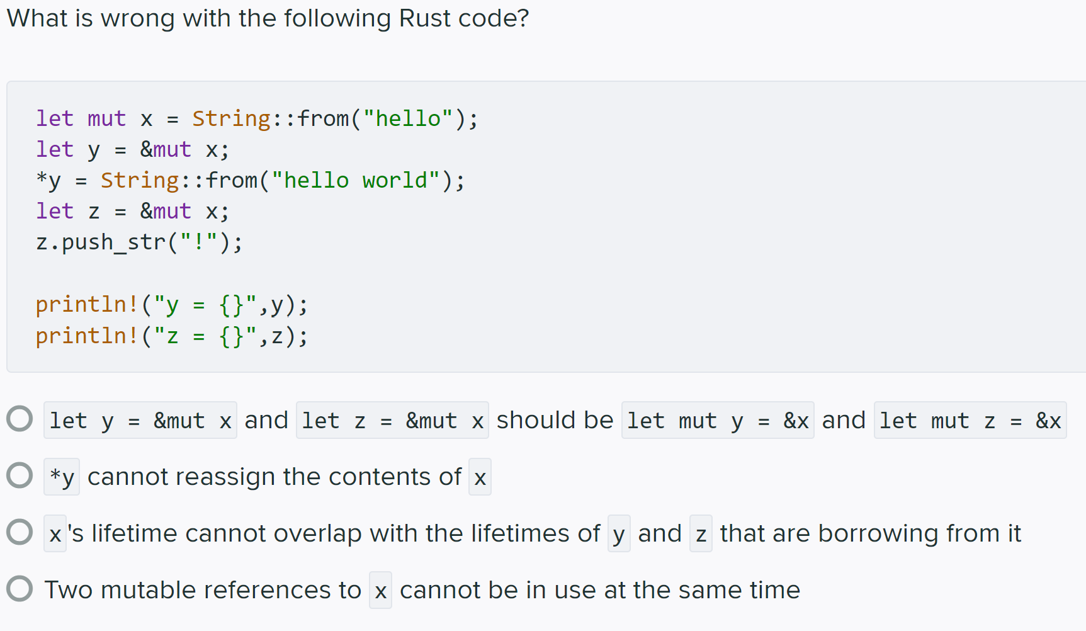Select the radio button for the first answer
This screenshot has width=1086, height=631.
click(x=20, y=419)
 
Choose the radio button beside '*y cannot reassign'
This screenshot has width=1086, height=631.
click(x=20, y=475)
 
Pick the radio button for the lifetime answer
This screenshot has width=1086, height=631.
click(x=20, y=532)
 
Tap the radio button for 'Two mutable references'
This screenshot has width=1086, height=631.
click(x=20, y=589)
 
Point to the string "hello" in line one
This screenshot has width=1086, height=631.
click(x=408, y=118)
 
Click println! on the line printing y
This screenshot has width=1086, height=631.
click(x=87, y=305)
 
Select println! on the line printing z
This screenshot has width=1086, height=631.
click(x=87, y=336)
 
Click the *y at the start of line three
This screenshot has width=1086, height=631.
click(x=48, y=181)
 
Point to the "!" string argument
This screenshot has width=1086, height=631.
click(x=199, y=242)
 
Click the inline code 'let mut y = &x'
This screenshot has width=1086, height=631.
click(x=718, y=421)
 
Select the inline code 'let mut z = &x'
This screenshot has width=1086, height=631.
click(x=970, y=421)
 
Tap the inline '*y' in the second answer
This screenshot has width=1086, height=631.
click(x=62, y=477)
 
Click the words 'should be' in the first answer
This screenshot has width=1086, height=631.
click(x=555, y=420)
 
